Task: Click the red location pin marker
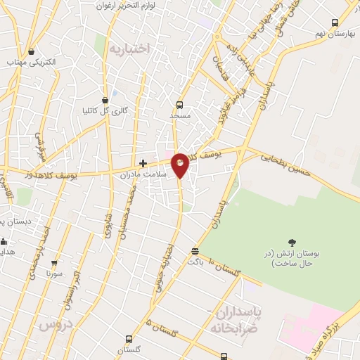coord(181,165)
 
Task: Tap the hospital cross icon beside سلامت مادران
coord(143,163)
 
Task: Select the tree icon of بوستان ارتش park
coord(292,242)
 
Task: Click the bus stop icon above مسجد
coord(179,105)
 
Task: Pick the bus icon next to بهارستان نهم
coord(334,22)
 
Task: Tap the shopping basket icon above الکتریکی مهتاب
coord(31,52)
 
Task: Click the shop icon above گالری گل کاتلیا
coord(105,100)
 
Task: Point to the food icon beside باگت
coord(195,251)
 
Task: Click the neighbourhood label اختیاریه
coord(130,49)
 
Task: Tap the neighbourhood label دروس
coord(56,326)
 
